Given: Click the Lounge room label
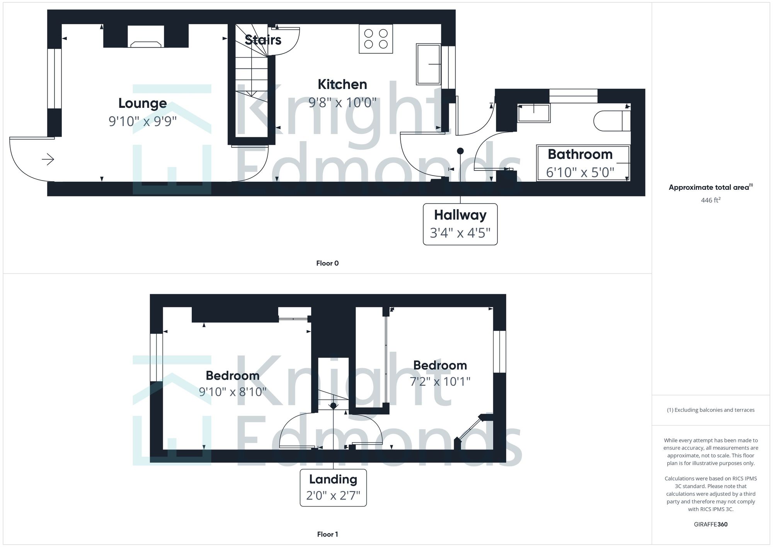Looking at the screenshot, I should coord(143,103).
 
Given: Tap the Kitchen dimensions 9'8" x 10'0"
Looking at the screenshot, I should coord(342,102).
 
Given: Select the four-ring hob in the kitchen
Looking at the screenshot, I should coord(376,39).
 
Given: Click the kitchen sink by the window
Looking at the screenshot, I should coord(428,64).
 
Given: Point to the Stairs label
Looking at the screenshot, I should coord(263,39).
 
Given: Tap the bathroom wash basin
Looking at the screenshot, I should coord(534,113).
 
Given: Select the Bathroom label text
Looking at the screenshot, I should coord(580,154).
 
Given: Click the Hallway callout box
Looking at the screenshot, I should coord(460,224).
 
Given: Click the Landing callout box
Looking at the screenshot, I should coord(333,487).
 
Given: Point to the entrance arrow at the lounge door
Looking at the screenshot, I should coord(48,159).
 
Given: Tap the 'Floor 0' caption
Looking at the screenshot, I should coord(327,263).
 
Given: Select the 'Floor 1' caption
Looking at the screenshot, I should coord(327,534).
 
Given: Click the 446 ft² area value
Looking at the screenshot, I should coord(710,200).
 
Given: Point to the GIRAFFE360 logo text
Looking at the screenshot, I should coord(710,525).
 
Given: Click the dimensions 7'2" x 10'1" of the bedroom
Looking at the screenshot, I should coord(440,382).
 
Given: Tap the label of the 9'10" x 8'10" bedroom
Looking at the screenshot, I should coord(232,375).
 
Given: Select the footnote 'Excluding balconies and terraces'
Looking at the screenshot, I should coord(710,410).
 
